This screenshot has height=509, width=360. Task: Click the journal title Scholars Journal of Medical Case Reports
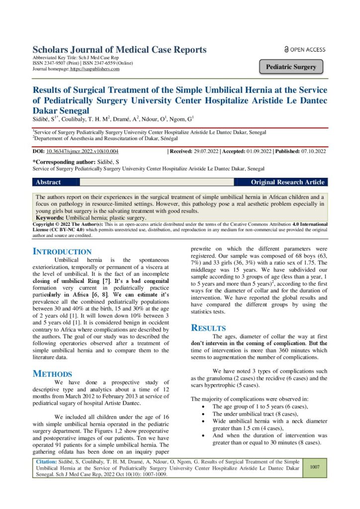pos(119,50)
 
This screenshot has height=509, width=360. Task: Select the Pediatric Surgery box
pos(291,67)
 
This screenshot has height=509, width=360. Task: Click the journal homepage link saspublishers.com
pos(95,69)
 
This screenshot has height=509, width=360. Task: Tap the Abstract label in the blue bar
pos(48,182)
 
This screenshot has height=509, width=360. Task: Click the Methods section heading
pos(52,373)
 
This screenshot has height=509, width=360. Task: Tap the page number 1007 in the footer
pos(314,467)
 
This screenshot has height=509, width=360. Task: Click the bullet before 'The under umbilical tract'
pos(203,414)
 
